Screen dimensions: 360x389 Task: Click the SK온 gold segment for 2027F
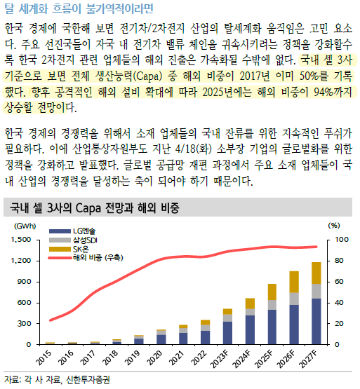click(x=316, y=273)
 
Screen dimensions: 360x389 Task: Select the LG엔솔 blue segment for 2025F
click(x=272, y=327)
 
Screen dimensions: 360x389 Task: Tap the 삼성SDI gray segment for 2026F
click(x=294, y=299)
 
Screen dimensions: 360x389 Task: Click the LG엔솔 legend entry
click(x=72, y=231)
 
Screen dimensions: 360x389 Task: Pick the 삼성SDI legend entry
click(x=73, y=240)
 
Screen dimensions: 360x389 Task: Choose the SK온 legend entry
click(x=69, y=249)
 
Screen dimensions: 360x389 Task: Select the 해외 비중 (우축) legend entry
click(x=86, y=257)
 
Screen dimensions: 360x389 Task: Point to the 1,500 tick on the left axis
click(x=20, y=240)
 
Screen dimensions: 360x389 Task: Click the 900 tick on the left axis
click(x=25, y=282)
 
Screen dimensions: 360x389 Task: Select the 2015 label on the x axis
click(x=44, y=357)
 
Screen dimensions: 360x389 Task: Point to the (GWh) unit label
click(x=25, y=226)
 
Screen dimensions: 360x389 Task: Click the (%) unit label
click(x=334, y=225)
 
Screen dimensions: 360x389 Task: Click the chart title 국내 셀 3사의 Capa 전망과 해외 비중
click(x=95, y=207)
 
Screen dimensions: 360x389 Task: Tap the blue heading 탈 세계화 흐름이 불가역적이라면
click(x=79, y=8)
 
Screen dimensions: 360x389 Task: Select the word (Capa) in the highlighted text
click(x=147, y=76)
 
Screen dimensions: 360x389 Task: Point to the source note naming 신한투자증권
click(x=57, y=380)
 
